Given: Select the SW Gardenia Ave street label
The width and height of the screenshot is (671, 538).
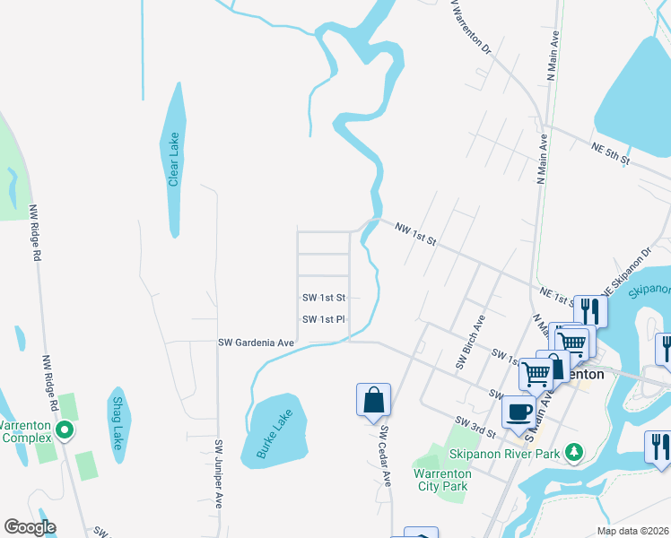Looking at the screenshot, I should click(257, 343).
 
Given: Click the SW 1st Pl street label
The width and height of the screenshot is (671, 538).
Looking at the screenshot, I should click(324, 319).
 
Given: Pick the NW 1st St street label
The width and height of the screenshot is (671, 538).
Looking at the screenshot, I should click(414, 235).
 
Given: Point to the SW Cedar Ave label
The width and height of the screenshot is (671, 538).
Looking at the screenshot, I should click(385, 455).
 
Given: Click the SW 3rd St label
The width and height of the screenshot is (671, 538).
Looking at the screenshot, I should click(475, 426).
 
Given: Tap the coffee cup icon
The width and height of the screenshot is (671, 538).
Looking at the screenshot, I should click(518, 412).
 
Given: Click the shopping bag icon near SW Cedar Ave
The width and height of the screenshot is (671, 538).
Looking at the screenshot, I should click(373, 401).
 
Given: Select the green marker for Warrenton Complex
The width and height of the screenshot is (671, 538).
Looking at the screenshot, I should click(64, 431).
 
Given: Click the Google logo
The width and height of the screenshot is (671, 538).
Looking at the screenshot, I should click(30, 527).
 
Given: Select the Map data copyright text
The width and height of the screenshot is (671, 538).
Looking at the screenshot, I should click(633, 531).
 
